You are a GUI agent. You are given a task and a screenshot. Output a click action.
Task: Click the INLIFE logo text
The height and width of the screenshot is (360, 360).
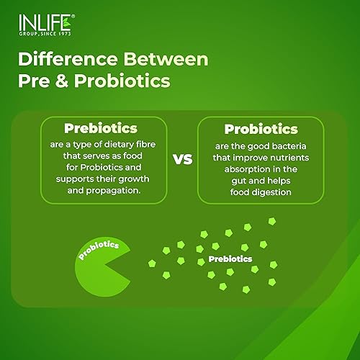tap(37, 20)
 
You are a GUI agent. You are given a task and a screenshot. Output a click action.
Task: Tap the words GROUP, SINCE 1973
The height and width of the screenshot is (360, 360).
tap(37, 32)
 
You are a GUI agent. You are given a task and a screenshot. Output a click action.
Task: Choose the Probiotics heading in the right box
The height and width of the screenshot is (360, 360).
tap(261, 130)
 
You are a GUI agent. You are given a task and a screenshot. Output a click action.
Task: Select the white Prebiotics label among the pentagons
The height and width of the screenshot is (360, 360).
tap(230, 258)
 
